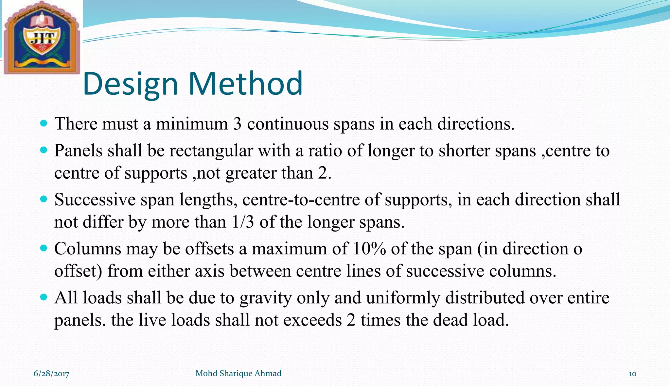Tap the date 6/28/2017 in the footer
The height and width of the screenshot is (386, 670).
pos(51,374)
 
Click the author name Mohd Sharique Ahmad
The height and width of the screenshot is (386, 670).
pos(238,373)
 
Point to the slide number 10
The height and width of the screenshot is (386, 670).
pos(632,374)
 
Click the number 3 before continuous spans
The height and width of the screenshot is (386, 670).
pos(237,124)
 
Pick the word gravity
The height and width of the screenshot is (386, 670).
pos(265,298)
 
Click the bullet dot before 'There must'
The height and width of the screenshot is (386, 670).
pos(44,123)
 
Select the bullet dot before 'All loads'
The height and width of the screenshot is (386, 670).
pos(44,297)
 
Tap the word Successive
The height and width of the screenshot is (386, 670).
pos(95,200)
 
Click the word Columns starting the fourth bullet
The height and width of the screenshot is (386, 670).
pos(88,249)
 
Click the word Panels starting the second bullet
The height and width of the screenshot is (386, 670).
pos(78,151)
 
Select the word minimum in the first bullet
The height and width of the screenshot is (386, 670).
pos(192,124)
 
